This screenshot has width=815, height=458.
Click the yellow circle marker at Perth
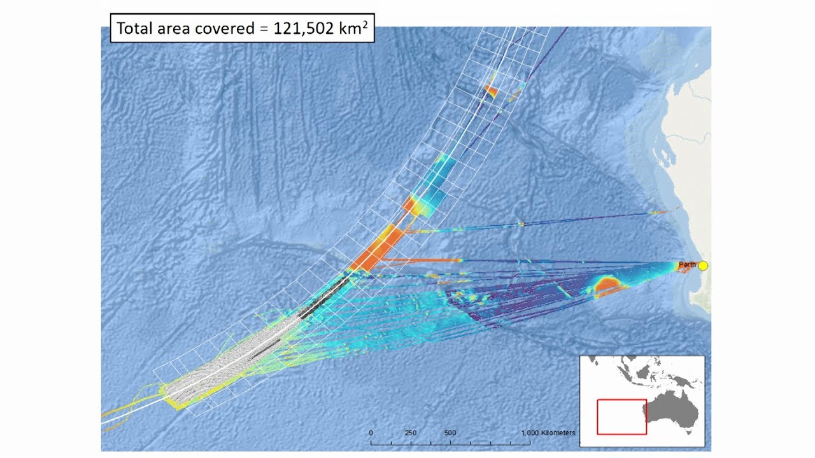click(703, 266)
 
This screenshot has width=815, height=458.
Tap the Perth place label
click(687, 264)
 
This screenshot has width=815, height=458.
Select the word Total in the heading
click(135, 29)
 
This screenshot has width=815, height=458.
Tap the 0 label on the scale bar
click(371, 433)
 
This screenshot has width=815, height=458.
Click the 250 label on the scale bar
click(411, 433)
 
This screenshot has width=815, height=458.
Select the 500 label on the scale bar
click(450, 433)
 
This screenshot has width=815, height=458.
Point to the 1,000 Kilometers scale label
click(548, 433)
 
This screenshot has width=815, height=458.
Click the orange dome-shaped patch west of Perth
click(609, 286)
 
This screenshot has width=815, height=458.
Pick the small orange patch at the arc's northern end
click(490, 91)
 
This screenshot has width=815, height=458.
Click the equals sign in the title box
click(263, 29)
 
